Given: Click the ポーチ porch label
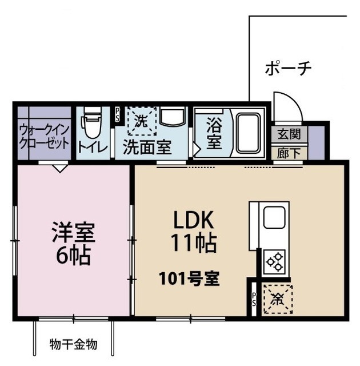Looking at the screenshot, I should [x=288, y=69].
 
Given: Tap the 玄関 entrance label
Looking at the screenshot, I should [x=289, y=134].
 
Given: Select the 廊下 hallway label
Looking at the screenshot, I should [x=289, y=153].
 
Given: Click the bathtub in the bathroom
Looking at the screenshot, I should [x=248, y=133].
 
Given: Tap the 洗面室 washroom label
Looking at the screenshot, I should [x=147, y=147].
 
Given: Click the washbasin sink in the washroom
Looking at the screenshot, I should [x=172, y=117].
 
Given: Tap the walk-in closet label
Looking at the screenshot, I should [x=44, y=135].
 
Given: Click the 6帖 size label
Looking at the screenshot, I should [x=73, y=256].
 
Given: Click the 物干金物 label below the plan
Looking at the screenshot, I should [x=73, y=344].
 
